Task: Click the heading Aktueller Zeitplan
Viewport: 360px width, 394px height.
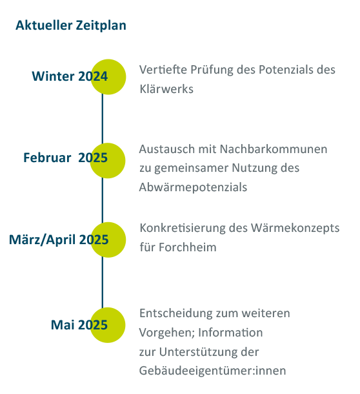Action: pos(71,25)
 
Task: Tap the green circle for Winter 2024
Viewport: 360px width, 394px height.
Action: pos(108,77)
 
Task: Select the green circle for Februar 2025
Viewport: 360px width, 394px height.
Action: pos(108,161)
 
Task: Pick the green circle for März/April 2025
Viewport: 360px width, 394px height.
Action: pos(108,240)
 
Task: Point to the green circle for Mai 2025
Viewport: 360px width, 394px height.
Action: pos(108,325)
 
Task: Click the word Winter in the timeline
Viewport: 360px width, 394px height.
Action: pos(53,76)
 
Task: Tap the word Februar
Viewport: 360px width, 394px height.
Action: pos(47,158)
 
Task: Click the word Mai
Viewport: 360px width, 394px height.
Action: pos(63,325)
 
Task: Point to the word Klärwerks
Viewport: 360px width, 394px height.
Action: pos(166,89)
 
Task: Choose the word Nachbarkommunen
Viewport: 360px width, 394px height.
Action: pos(274,149)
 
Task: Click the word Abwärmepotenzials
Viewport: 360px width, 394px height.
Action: pos(193,187)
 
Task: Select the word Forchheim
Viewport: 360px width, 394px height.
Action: pos(188,247)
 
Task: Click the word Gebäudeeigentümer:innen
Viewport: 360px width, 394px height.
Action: pos(213,371)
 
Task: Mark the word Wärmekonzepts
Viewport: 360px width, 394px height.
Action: pos(295,229)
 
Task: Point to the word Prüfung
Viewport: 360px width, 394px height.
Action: pos(212,70)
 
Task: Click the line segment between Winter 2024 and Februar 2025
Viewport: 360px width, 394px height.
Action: pos(103,119)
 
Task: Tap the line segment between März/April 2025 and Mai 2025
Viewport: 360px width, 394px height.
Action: pos(103,282)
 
